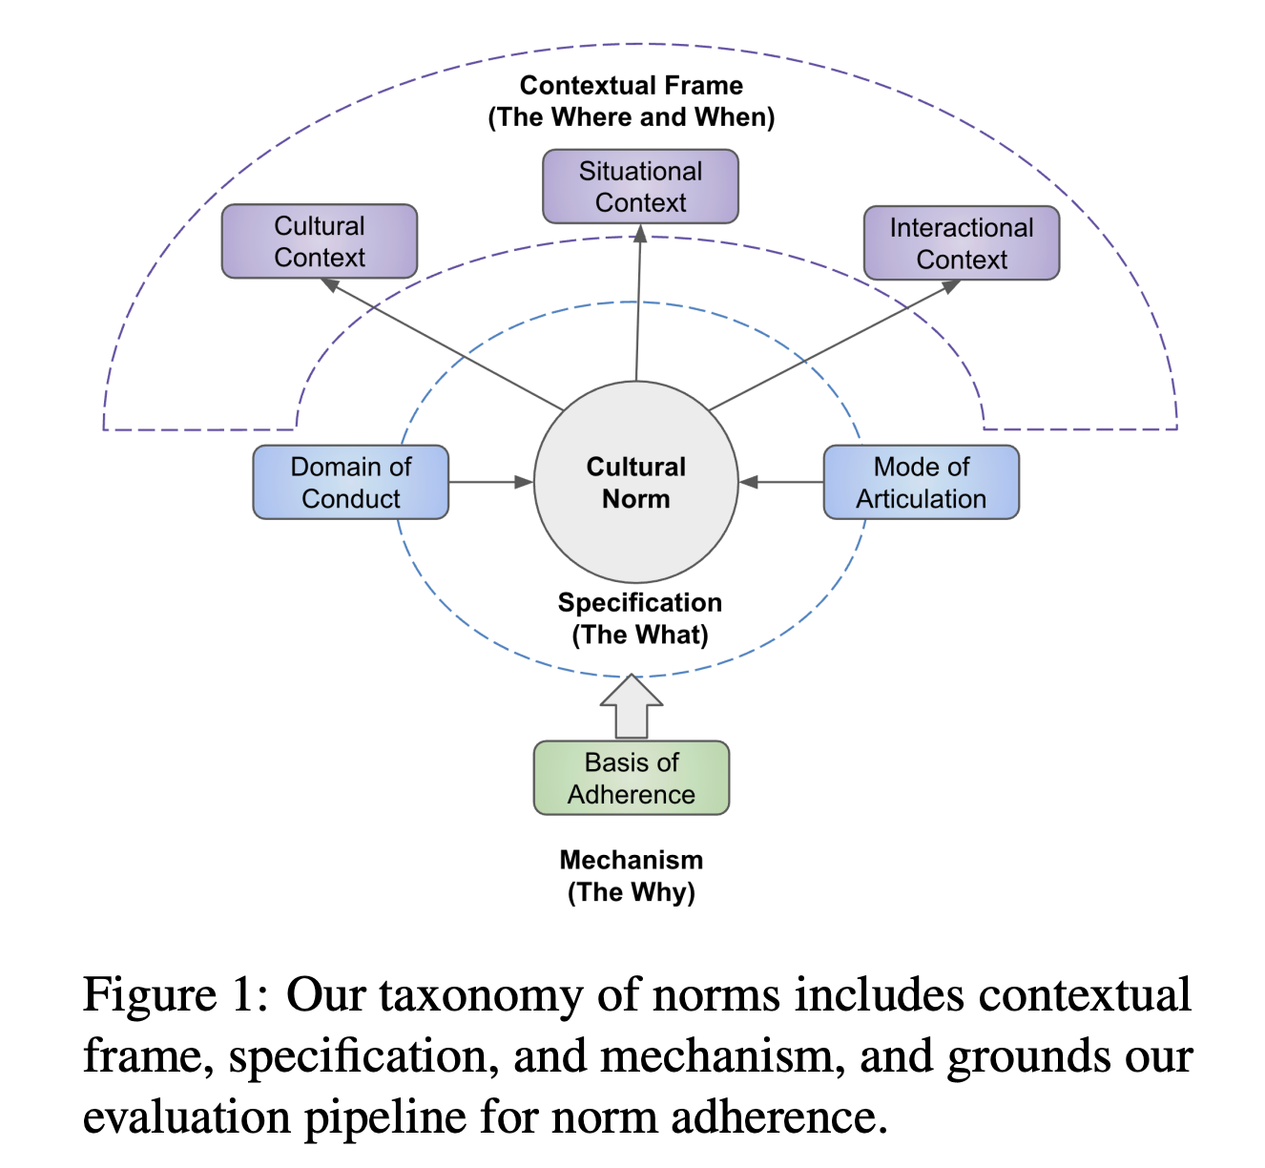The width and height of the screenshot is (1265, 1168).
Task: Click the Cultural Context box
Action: [320, 241]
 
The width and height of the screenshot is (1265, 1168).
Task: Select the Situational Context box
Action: [640, 186]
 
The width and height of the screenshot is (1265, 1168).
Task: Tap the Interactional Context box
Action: [961, 243]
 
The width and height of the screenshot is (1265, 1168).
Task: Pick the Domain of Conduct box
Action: [350, 482]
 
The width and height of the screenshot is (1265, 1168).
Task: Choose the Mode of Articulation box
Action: [921, 482]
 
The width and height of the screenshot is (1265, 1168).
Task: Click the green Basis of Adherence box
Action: [631, 778]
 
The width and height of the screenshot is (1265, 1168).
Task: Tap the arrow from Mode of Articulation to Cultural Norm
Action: [781, 482]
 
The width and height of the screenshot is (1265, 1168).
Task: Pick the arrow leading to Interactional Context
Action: [835, 344]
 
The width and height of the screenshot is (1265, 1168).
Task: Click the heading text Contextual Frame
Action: [631, 86]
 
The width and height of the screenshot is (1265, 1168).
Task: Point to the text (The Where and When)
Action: [631, 117]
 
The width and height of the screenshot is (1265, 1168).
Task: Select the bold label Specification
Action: [639, 603]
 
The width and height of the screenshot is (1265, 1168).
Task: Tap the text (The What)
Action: [639, 635]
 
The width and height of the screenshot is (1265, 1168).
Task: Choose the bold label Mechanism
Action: [631, 860]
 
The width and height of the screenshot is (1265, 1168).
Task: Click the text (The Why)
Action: [631, 892]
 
